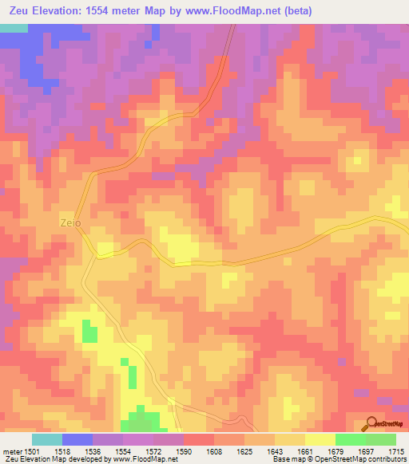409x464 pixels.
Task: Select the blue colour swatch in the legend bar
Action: pos(77,439)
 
